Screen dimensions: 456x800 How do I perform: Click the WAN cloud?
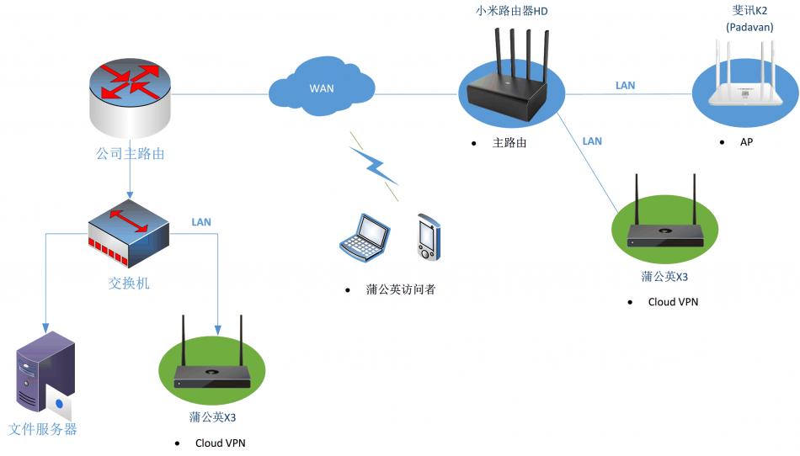click(322, 87)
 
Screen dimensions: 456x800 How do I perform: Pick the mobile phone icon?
click(428, 236)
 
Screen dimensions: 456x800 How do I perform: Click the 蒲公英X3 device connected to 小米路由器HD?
click(665, 228)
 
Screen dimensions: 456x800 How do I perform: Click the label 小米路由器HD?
click(512, 11)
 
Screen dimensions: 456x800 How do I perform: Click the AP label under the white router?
click(746, 142)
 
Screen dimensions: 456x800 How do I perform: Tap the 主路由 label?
click(509, 143)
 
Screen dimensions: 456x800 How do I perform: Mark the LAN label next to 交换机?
click(201, 222)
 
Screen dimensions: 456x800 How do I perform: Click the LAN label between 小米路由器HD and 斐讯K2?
click(625, 86)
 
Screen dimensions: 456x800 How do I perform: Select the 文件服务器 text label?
click(43, 429)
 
